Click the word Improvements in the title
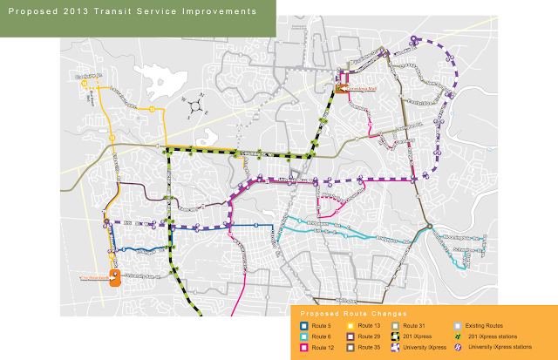[x=220, y=13]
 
